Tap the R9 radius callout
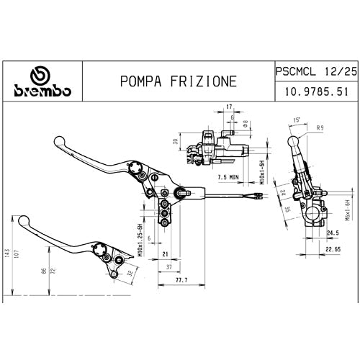320,127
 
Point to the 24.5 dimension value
333,233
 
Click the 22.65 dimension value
331,249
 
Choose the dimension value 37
168,266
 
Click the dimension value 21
164,254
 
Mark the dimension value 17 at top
229,107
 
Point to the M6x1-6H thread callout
347,212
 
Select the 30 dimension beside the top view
175,143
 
